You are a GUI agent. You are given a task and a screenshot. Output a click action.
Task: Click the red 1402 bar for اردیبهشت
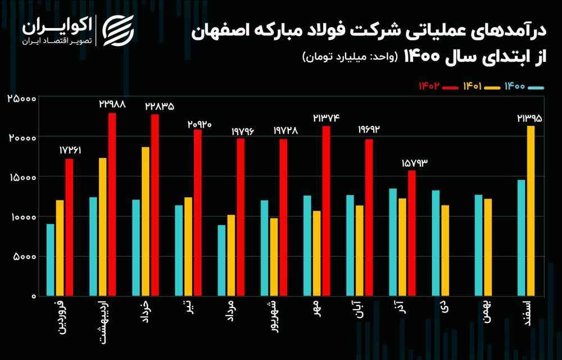(x=112, y=204)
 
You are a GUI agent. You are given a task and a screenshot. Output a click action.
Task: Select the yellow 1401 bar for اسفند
(x=531, y=211)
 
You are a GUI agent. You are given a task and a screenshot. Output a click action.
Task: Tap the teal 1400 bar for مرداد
(x=222, y=260)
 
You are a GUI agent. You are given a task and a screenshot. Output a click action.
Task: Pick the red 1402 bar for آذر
(x=412, y=233)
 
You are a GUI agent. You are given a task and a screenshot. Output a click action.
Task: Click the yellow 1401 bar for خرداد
(x=146, y=221)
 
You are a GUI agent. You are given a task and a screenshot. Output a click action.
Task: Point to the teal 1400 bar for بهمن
(x=479, y=245)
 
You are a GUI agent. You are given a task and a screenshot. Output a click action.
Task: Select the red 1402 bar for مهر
(x=326, y=211)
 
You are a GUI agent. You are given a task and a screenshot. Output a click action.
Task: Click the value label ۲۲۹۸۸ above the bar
(x=112, y=104)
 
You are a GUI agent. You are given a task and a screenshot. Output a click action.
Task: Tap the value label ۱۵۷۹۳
(x=415, y=163)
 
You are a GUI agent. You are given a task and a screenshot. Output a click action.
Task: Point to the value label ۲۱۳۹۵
(x=530, y=118)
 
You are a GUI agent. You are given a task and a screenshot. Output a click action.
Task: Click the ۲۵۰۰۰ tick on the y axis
(x=22, y=98)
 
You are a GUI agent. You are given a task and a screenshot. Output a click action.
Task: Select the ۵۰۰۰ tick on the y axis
(x=25, y=257)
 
